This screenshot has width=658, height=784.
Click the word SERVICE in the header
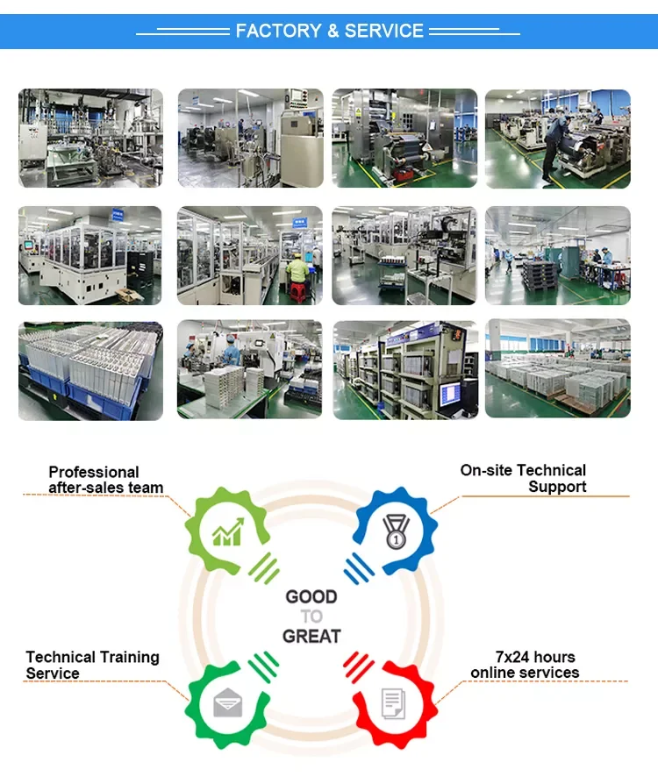click(384, 32)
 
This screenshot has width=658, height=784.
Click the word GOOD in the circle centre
click(311, 597)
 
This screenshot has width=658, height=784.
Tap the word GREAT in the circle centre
click(311, 636)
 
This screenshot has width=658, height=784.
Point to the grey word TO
click(311, 617)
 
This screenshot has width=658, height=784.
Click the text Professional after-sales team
click(105, 480)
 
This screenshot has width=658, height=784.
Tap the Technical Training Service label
click(92, 665)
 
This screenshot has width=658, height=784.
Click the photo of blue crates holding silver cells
click(90, 370)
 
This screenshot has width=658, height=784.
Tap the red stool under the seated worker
click(298, 294)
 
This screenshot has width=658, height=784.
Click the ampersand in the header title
click(333, 32)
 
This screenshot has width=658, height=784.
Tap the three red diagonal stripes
click(358, 667)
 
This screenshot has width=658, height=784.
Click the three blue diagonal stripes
click(358, 569)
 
